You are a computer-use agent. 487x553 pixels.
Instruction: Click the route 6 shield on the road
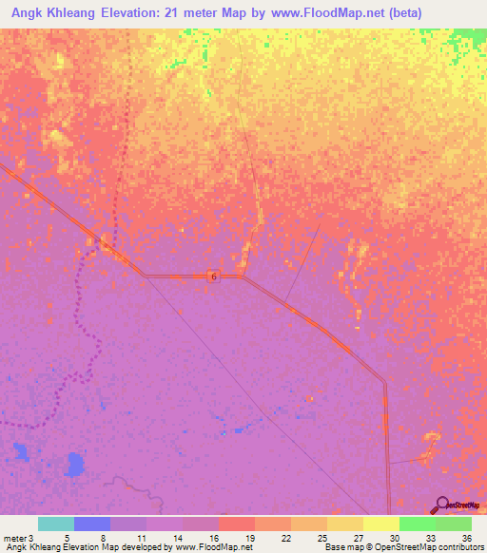pos(214,276)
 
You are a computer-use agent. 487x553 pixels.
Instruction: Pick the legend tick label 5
pos(67,537)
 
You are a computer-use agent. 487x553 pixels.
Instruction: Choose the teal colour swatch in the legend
pos(56,524)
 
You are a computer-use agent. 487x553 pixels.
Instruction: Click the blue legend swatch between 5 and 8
pos(92,524)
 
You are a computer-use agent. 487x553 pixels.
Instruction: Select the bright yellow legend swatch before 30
pos(381,524)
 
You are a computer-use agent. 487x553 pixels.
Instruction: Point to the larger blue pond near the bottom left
pos(73,465)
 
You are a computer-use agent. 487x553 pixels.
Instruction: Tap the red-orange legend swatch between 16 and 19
pos(237,524)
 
